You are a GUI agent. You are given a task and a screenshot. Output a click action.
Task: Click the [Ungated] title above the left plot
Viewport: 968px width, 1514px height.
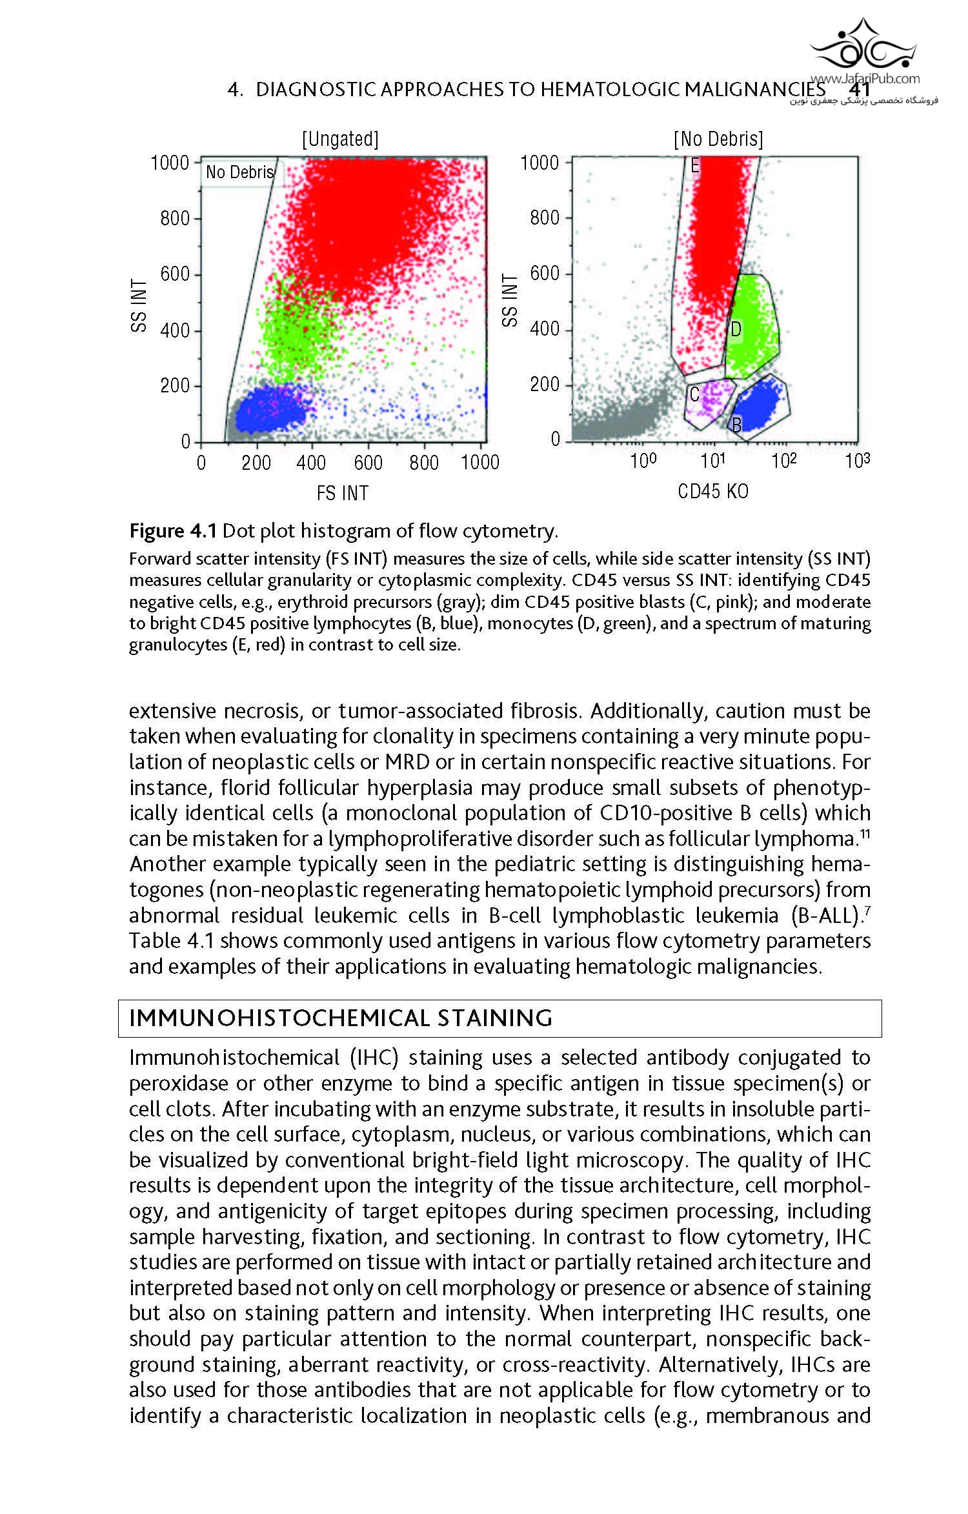(x=340, y=139)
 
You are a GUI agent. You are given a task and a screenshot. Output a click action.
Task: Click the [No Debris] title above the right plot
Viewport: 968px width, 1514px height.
(x=718, y=139)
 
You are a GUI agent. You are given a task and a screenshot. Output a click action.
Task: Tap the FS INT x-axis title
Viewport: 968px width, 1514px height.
(x=342, y=493)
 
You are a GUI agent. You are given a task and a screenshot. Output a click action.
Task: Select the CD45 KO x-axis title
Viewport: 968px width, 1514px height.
(x=713, y=492)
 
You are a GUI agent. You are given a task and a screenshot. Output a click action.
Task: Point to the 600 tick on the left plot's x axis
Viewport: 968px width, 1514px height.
(x=368, y=463)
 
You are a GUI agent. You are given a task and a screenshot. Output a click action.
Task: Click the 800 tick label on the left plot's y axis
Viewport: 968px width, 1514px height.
(x=175, y=219)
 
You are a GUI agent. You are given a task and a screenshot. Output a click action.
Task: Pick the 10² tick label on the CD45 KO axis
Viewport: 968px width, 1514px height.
(x=784, y=461)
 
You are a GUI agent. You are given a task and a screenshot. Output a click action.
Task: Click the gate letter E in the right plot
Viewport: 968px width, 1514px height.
(x=695, y=166)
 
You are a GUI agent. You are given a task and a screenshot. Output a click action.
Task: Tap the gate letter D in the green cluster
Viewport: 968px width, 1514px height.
(x=736, y=330)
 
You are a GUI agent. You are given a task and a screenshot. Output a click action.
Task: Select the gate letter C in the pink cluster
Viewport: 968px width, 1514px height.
(x=694, y=394)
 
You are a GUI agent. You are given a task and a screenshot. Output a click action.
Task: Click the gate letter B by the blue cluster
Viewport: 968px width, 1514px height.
(x=736, y=424)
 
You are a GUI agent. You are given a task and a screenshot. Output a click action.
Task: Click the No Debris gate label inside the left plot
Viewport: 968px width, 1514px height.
(x=240, y=172)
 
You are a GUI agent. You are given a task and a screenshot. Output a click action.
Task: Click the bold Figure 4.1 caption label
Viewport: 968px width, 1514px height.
(x=173, y=531)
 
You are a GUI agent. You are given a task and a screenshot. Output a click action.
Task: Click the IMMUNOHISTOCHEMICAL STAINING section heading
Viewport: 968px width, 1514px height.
(x=341, y=1018)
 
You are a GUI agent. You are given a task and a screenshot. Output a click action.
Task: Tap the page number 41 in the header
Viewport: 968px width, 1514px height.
(x=860, y=90)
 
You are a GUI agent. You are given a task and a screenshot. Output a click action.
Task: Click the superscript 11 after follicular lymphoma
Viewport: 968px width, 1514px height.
(x=865, y=834)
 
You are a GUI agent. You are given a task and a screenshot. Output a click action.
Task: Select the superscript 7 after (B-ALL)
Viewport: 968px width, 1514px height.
(x=867, y=911)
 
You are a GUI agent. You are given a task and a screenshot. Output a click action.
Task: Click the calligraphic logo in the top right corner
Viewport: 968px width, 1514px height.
(x=863, y=46)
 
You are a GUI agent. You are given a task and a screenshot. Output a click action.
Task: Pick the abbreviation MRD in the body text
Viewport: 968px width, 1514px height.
(x=407, y=762)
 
